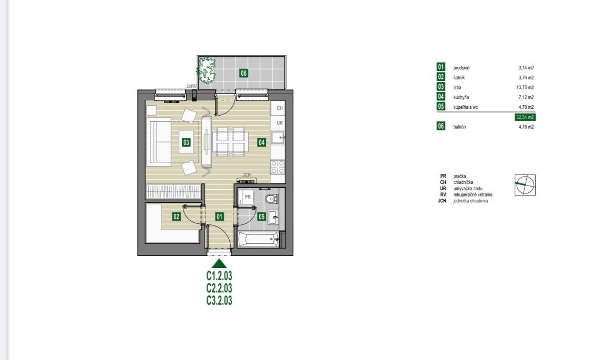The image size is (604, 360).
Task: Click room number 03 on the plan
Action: click(186, 142)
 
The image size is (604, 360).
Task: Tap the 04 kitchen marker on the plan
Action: click(262, 142)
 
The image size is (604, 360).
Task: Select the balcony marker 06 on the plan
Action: click(243, 73)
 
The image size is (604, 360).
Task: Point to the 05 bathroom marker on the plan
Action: click(262, 217)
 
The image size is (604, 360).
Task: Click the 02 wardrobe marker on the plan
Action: click(177, 217)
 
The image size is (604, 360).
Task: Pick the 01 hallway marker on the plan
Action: click(220, 217)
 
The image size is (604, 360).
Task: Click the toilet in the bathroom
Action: click(272, 199)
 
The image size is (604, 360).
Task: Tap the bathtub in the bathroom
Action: click(259, 240)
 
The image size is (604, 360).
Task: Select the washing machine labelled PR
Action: click(246, 197)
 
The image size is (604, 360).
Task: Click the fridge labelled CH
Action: click(278, 108)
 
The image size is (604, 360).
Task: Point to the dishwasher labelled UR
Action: click(278, 123)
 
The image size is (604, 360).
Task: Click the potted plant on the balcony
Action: click(207, 70)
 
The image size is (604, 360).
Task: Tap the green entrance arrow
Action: click(219, 264)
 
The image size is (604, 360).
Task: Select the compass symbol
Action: click(525, 185)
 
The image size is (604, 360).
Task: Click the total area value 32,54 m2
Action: click(525, 117)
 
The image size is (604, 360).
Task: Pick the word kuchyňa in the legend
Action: click(461, 97)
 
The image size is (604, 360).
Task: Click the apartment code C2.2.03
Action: click(219, 288)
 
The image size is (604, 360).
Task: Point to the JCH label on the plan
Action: click(247, 175)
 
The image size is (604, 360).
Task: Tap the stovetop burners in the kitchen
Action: click(278, 167)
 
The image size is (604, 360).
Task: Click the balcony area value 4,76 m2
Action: click(526, 127)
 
